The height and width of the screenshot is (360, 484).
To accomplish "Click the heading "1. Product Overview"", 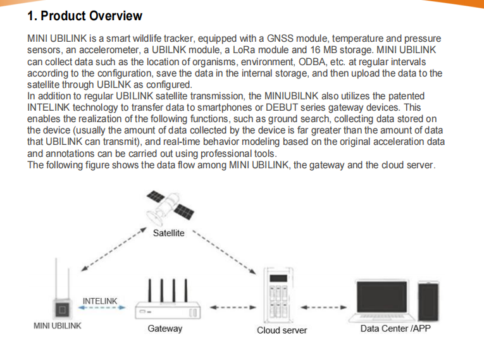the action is (85, 16).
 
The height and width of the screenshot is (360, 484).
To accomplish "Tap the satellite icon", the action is (170, 208).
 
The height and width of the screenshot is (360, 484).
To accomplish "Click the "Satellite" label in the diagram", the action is (168, 233).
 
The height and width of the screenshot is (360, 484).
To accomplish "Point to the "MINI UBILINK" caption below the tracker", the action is (58, 326).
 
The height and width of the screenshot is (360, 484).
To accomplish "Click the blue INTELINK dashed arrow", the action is (102, 307).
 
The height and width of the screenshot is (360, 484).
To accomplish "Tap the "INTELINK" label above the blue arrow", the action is (100, 301).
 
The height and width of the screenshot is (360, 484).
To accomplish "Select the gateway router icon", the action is (168, 299).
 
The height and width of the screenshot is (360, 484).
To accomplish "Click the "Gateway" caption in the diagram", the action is (165, 328).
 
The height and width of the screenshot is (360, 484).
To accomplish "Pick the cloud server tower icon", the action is (279, 295).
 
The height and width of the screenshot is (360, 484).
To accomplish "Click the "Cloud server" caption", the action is (282, 330).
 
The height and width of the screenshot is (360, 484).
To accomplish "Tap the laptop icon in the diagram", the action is (382, 301).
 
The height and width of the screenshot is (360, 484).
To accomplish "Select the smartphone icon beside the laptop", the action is (428, 301).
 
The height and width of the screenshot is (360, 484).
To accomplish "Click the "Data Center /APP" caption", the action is (395, 328).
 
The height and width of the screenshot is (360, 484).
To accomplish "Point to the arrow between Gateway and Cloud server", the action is (233, 307).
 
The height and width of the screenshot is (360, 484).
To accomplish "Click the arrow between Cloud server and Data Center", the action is (323, 307).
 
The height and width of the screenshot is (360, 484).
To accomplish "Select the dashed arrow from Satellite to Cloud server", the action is (224, 252).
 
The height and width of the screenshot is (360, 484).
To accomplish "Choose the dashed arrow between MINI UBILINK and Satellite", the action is (114, 249).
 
